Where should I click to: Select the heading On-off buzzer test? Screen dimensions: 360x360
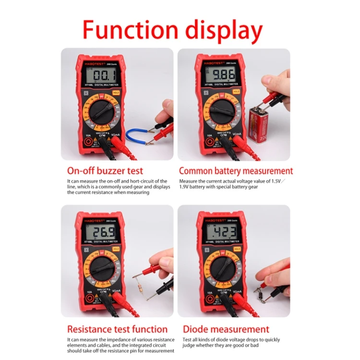point(105,170)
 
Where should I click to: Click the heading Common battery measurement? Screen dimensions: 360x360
point(236,170)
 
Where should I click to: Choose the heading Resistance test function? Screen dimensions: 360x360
point(117,329)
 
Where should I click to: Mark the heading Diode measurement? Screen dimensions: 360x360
point(226,329)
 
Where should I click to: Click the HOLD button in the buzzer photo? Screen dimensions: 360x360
point(116,92)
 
